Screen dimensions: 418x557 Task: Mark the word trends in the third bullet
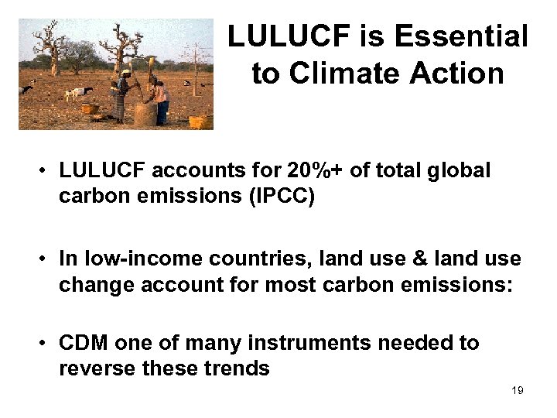237,368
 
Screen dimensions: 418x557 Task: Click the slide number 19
518,390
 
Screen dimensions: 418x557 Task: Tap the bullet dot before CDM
47,342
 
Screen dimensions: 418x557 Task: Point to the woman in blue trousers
161,101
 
